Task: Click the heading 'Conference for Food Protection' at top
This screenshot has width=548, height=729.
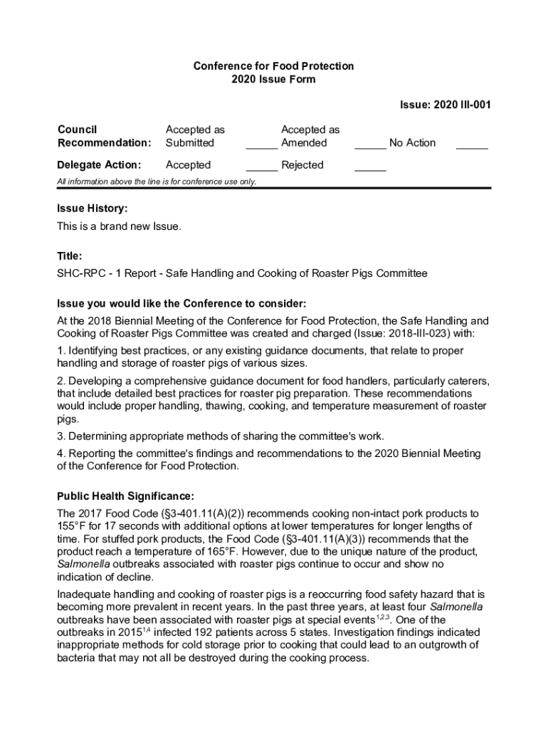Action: [273, 66]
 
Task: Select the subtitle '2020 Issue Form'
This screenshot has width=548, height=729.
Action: [273, 80]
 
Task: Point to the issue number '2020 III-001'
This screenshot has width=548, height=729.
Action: [462, 105]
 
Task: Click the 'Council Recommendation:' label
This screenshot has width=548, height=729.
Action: [104, 136]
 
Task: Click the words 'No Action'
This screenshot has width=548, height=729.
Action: [412, 143]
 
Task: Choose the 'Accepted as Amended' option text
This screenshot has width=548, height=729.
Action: [310, 136]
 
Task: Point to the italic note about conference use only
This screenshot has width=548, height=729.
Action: [157, 182]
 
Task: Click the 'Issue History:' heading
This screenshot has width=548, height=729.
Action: [93, 209]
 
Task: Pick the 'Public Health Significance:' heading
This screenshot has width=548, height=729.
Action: [125, 495]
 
